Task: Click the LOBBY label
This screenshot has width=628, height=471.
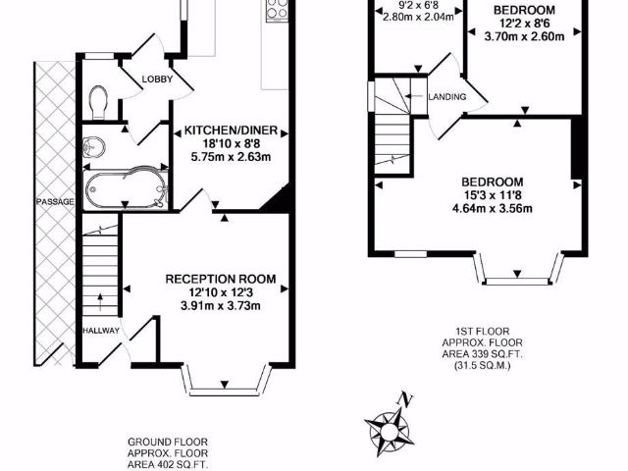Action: tap(157, 79)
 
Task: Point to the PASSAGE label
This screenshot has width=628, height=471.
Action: tap(42, 202)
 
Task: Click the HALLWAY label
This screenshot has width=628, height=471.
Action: tap(101, 331)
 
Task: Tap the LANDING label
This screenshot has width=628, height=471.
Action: tap(447, 96)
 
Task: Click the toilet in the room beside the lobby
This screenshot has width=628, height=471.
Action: tap(97, 99)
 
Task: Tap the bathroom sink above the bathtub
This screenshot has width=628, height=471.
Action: tap(94, 146)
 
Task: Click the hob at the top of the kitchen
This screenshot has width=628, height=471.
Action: tap(274, 13)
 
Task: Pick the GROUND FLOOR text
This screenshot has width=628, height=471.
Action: tap(168, 442)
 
